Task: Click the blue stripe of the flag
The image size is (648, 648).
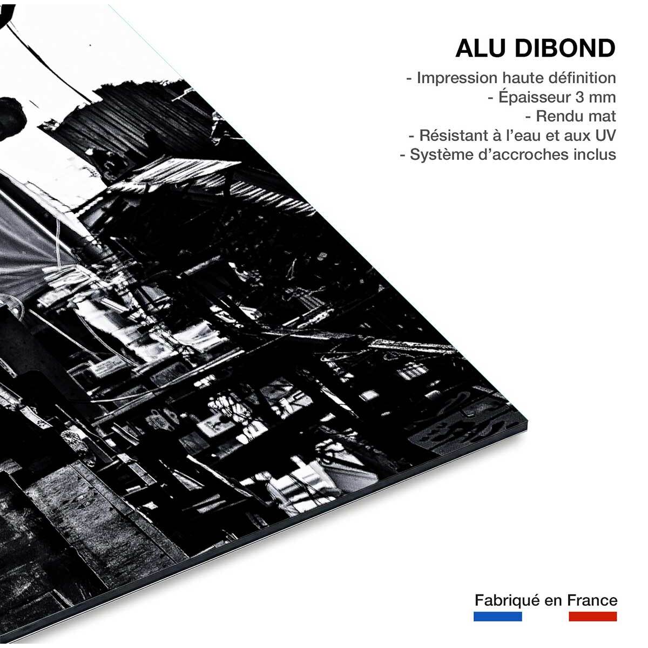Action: (x=497, y=616)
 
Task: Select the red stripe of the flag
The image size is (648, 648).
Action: (x=592, y=616)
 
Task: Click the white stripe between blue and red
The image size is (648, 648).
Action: (x=545, y=616)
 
